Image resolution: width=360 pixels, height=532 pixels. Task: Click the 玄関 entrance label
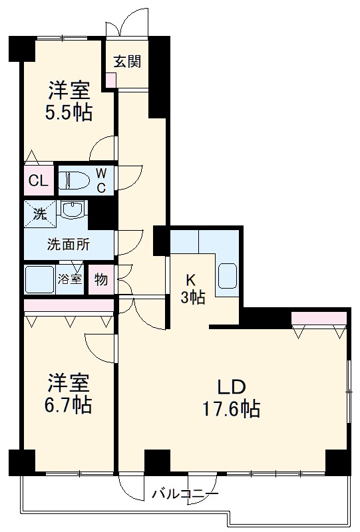126,62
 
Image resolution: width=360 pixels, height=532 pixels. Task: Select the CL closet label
37,180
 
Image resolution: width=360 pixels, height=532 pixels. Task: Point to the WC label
101,180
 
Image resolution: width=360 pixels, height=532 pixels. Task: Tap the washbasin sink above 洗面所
71,211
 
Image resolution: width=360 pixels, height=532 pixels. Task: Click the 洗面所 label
68,244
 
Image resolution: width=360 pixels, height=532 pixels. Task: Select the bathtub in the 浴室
39,279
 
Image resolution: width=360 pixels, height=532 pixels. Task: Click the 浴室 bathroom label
70,279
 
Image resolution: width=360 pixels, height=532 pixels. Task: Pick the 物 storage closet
100,279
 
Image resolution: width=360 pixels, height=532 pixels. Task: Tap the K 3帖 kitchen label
193,289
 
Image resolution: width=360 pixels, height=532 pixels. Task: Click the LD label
231,387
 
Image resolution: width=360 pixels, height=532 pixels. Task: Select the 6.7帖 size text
69,404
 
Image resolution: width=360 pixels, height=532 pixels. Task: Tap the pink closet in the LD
319,319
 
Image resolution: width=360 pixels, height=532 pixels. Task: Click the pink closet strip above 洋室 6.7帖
69,305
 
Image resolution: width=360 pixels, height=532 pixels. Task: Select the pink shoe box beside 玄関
110,78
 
